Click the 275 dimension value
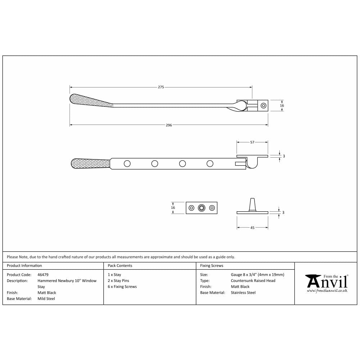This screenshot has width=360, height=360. pos(161,87)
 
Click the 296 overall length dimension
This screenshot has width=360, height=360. pos(169,125)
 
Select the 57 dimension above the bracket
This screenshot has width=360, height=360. pos(252,142)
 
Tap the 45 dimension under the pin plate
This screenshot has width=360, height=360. pos(252,228)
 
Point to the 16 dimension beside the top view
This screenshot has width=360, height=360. pos(282,105)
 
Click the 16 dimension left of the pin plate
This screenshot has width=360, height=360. pos(173,208)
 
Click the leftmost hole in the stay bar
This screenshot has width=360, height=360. pos(127,164)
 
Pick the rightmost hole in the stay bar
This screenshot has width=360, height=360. pos(210,164)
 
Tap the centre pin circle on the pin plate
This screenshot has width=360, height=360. pos(202,208)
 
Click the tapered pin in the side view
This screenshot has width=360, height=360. pos(252,204)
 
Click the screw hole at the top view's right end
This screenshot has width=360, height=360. pos(264,105)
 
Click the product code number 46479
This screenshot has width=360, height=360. pos(43,275)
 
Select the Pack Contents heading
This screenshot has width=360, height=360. pos(120,266)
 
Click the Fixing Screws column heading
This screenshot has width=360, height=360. pos(212,266)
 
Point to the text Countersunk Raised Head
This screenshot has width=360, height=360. pos(253,281)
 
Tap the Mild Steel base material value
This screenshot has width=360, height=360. pos(46,298)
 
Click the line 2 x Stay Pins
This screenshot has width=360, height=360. pos(118,281)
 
